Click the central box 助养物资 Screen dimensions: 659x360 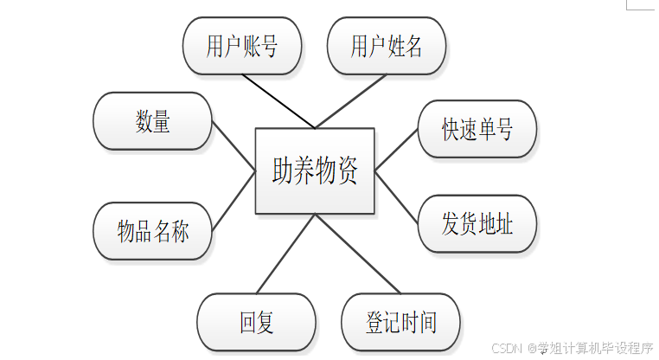315,170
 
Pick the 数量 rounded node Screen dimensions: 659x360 152,121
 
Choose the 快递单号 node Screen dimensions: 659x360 477,130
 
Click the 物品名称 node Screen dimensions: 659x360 152,231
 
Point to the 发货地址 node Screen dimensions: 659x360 477,224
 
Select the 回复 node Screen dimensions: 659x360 257,323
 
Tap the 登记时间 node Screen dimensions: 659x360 401,323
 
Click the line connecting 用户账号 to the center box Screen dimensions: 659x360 278,100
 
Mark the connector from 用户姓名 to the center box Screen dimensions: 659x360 351,100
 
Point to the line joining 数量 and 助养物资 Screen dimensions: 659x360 234,145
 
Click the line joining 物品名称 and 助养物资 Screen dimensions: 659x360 234,201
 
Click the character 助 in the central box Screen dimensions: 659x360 282,170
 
